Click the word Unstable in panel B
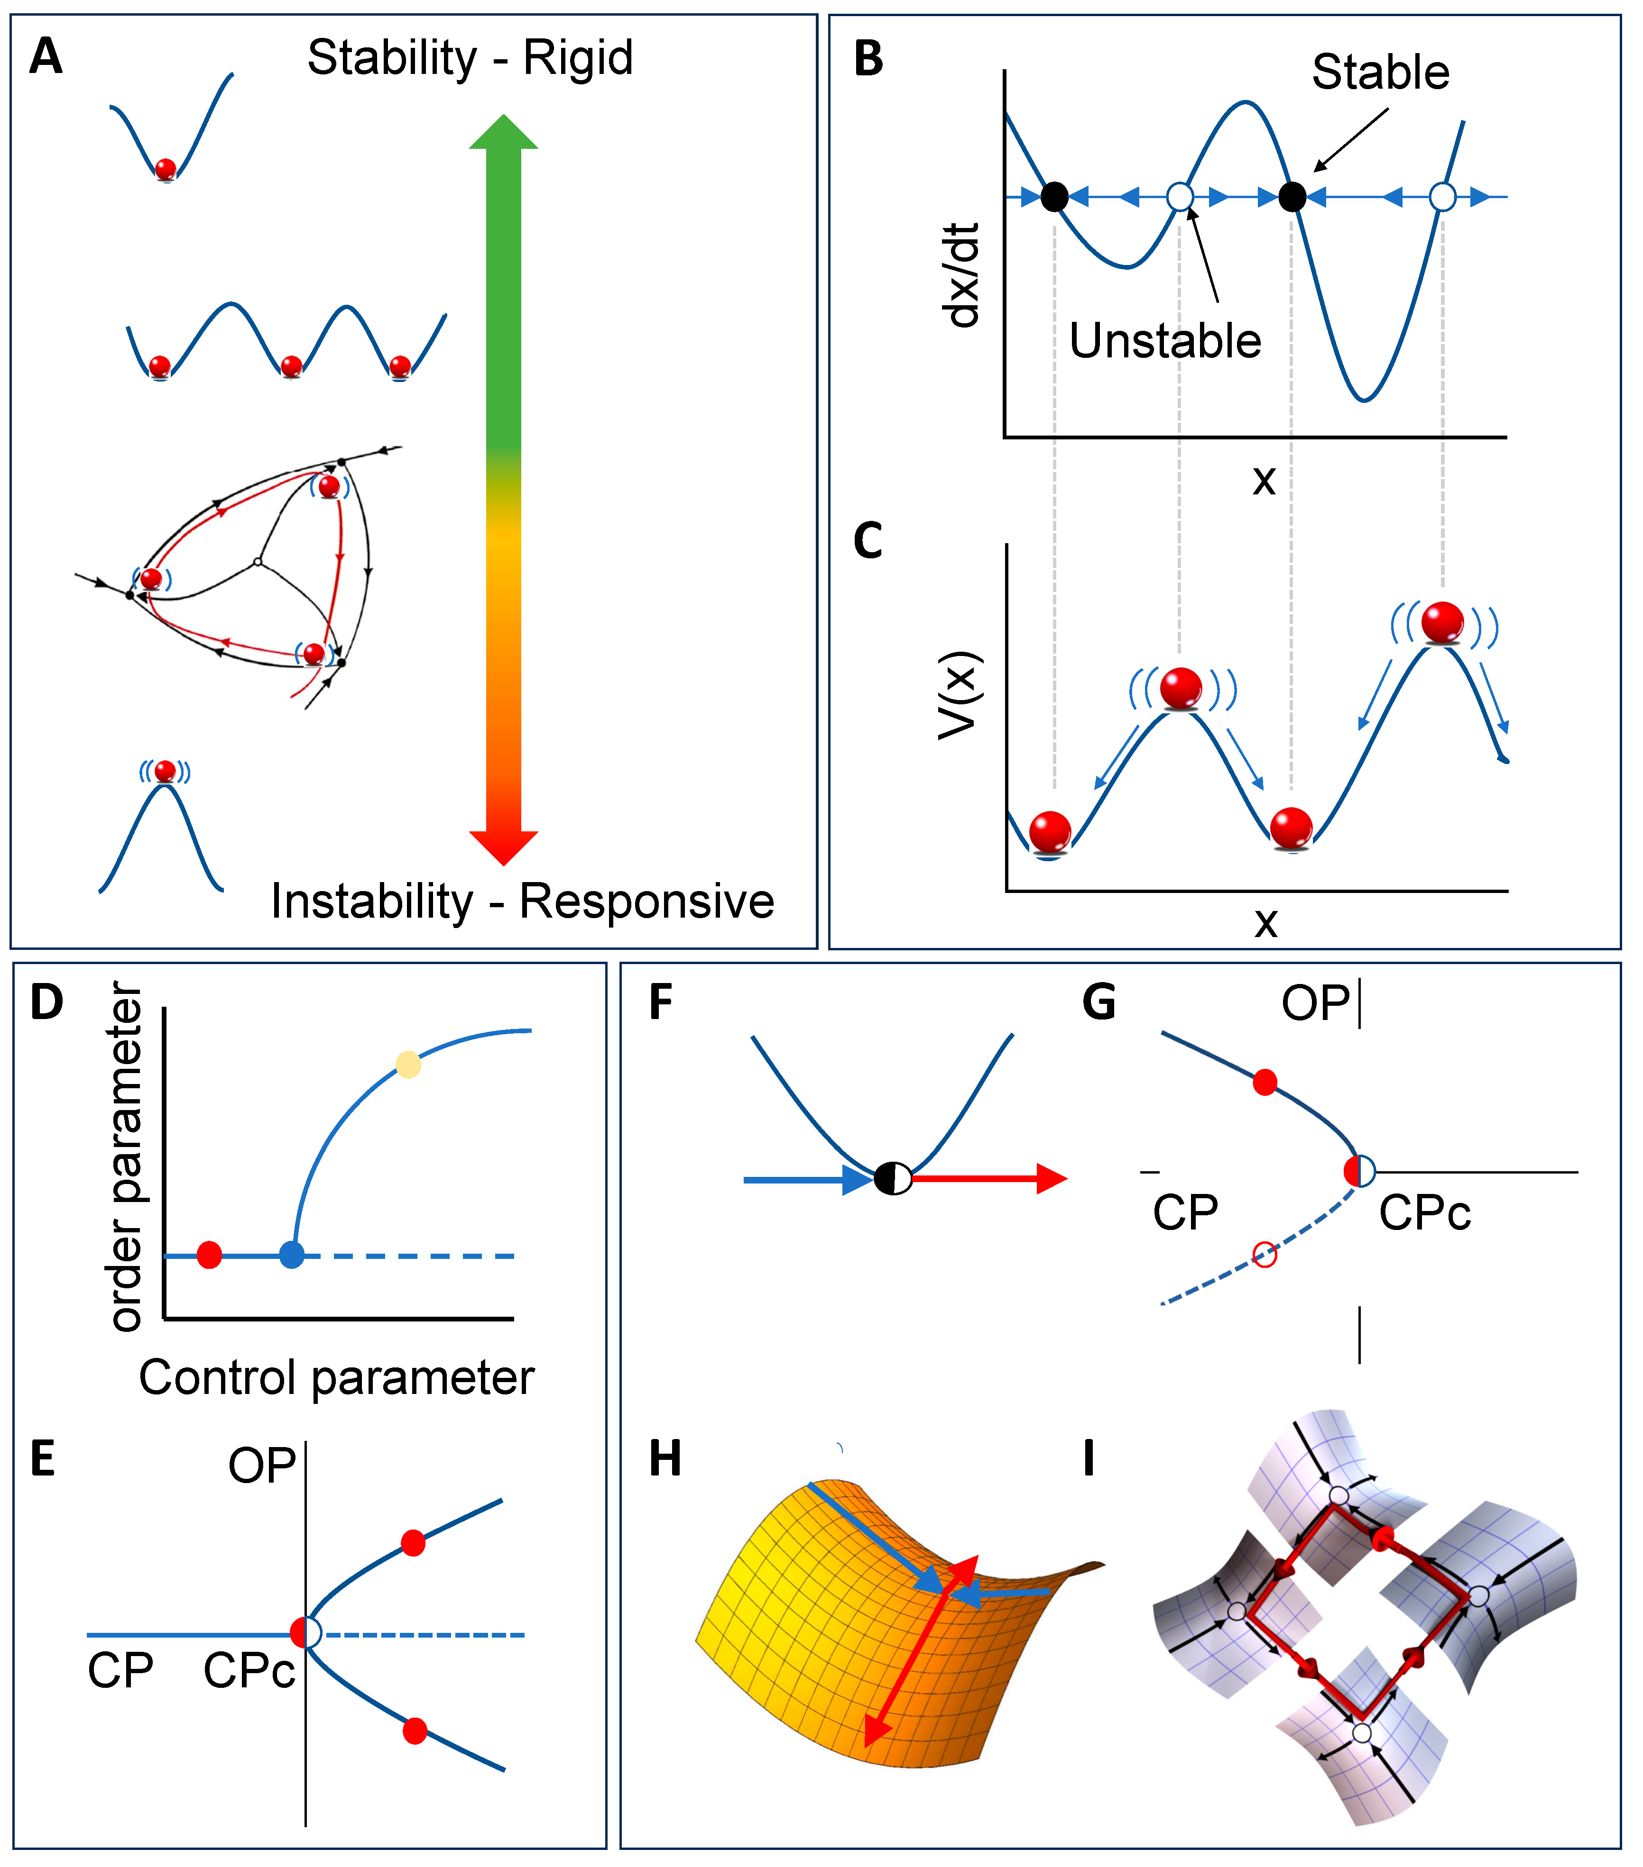pos(1165,341)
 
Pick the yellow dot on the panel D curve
pos(408,1064)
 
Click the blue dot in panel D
pos(292,1255)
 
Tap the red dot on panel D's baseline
pos(209,1255)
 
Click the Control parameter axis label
pos(336,1377)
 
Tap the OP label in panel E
pos(261,1466)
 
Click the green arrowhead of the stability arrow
pos(504,132)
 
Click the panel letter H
pos(665,1459)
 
